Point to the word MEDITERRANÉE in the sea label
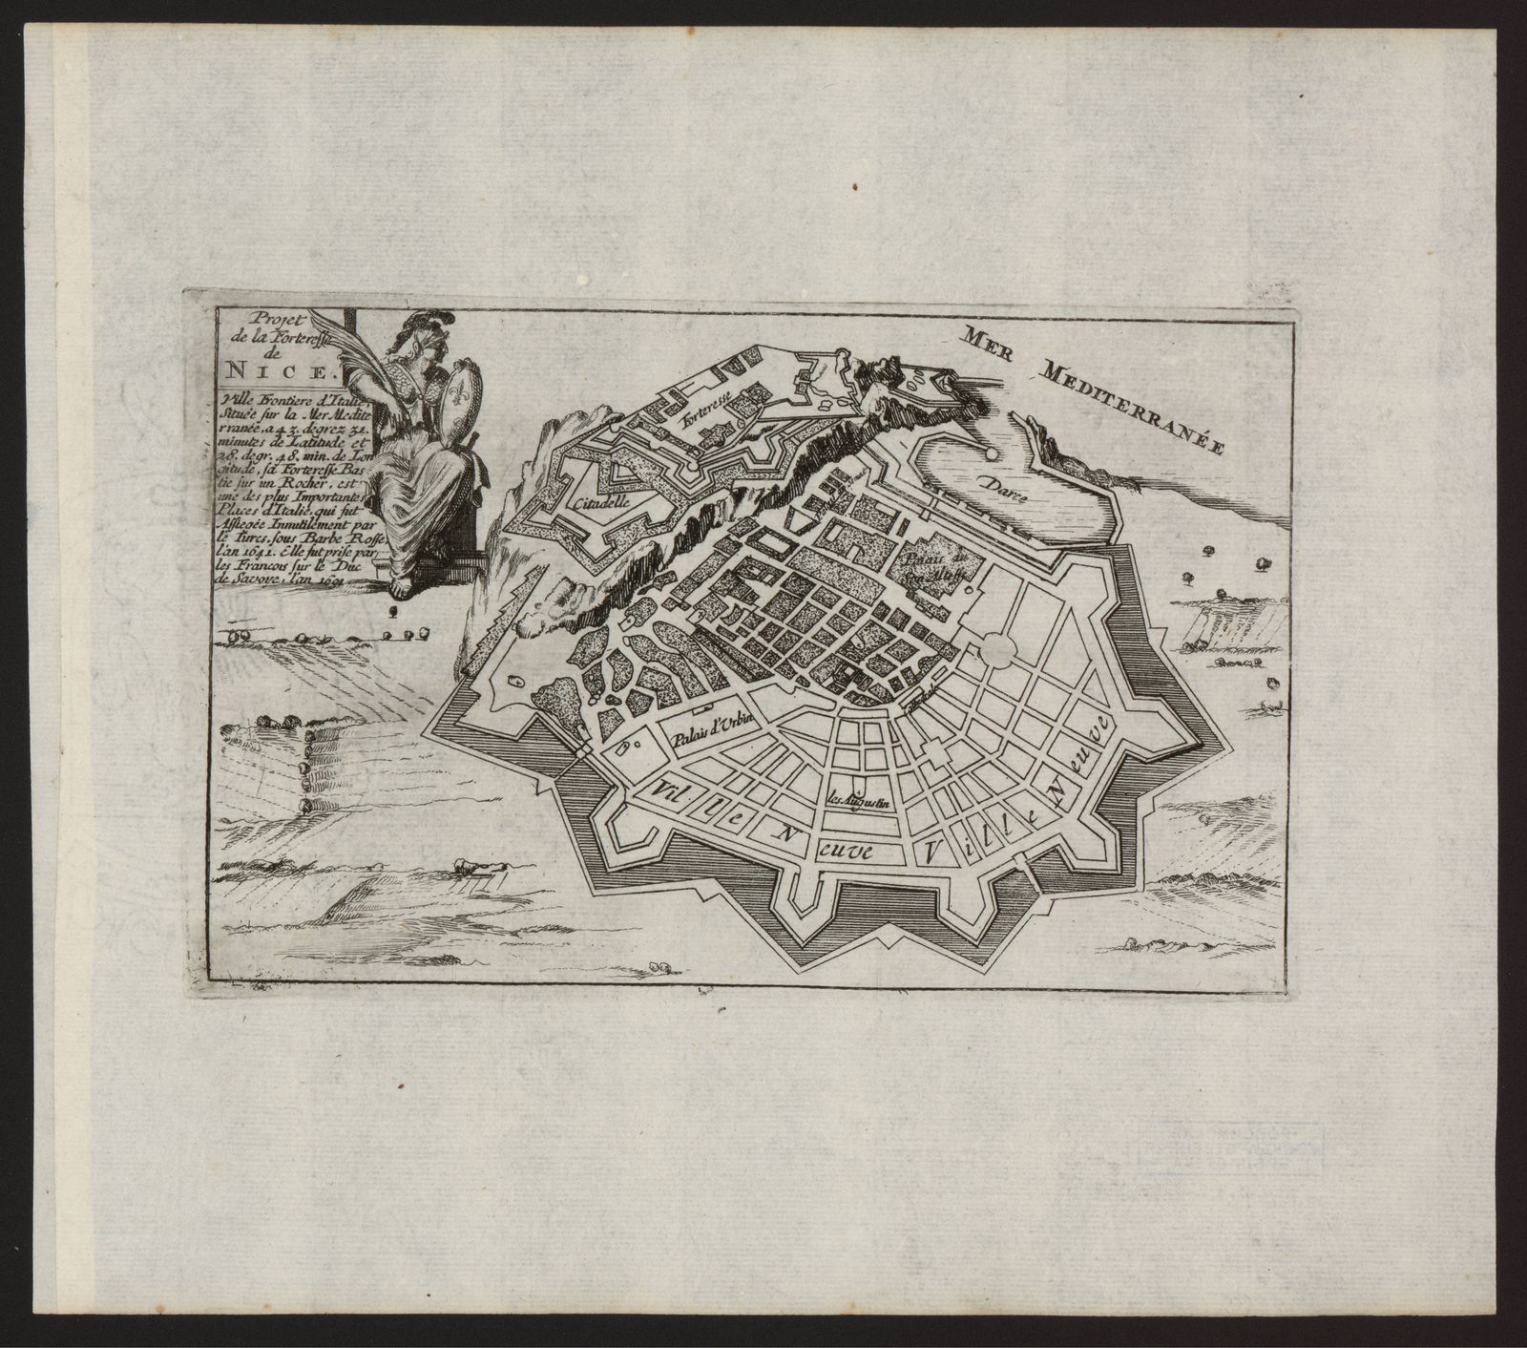[x=1136, y=405]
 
